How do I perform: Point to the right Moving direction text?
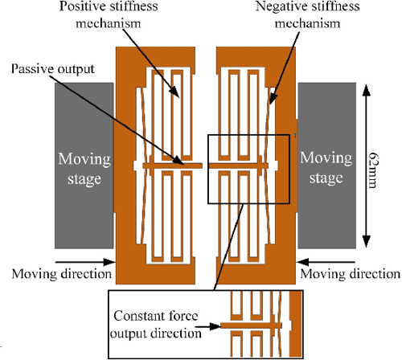click(351, 274)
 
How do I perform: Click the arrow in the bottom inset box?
click(211, 326)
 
